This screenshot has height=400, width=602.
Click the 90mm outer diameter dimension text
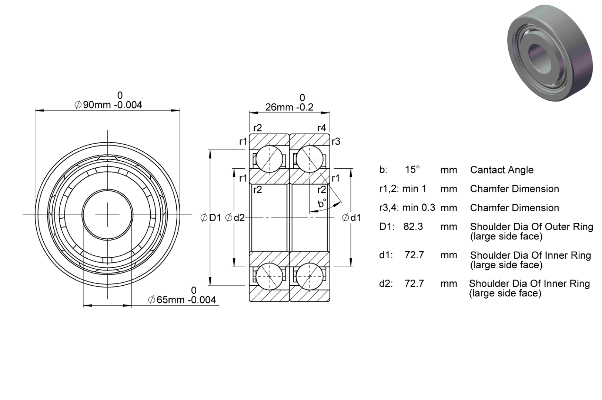(108, 105)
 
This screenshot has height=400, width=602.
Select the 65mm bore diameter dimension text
(182, 300)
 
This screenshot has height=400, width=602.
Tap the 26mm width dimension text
(290, 107)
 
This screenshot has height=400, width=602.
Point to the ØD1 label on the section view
(211, 218)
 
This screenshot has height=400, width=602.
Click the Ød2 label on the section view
(235, 218)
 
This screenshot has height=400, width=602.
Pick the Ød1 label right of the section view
(351, 218)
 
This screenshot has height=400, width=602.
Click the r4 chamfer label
(322, 128)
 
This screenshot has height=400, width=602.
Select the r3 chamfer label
(336, 141)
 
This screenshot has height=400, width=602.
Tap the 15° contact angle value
(412, 169)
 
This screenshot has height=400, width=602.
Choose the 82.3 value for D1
(413, 226)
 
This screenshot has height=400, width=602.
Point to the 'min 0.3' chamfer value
(419, 208)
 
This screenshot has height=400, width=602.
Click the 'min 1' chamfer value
(414, 189)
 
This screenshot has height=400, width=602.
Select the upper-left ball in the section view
(269, 159)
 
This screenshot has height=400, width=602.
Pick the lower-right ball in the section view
(310, 276)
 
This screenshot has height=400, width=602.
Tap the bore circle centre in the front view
(107, 215)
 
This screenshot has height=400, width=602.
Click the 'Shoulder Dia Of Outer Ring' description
(532, 227)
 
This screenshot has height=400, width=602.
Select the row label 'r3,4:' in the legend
(389, 208)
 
